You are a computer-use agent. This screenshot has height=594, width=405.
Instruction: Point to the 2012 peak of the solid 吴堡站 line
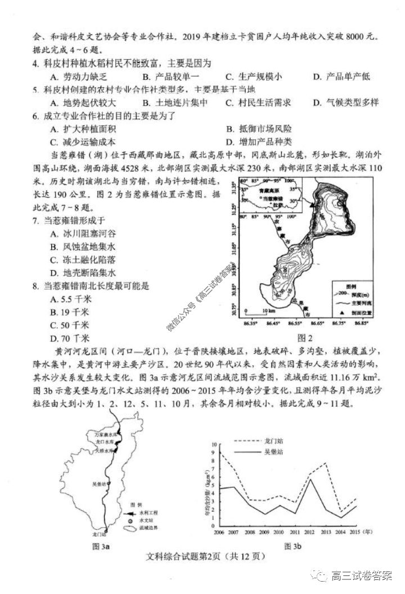point(310,479)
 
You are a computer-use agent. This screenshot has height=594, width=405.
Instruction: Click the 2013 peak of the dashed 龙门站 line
point(326,463)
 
